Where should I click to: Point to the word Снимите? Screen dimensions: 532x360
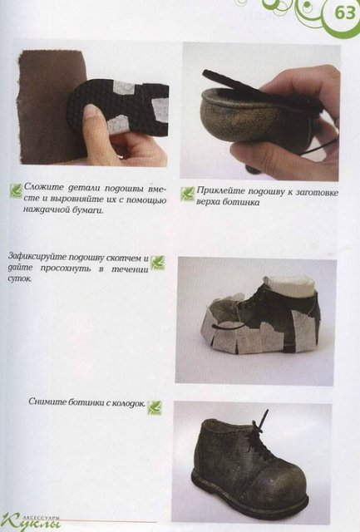[45, 404]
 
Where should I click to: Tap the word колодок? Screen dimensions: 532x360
[125, 404]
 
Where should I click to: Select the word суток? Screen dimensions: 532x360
[19, 279]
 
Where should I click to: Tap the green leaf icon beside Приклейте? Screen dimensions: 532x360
[188, 193]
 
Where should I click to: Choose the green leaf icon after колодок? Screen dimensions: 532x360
[154, 406]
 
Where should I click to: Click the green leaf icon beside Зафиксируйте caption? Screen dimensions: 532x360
[157, 263]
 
